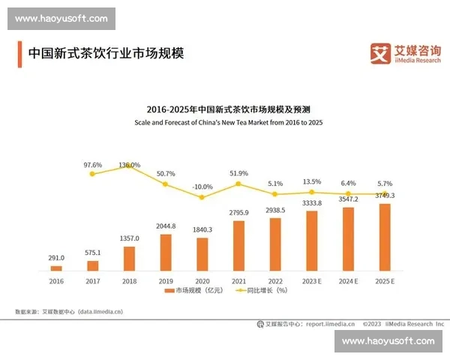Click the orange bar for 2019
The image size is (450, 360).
coord(166,252)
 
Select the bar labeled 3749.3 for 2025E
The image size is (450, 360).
coord(385,237)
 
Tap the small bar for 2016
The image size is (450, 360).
coord(56,268)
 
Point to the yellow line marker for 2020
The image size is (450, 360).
coord(202,198)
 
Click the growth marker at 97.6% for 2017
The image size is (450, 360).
coord(92,173)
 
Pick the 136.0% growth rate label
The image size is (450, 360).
coord(129,165)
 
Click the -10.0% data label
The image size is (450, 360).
coord(202,186)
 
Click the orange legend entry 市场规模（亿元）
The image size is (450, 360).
coord(190,289)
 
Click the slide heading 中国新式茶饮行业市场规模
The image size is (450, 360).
coord(106,54)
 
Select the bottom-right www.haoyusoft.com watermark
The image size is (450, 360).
coord(388,340)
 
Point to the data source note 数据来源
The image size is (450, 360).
coord(68,310)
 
